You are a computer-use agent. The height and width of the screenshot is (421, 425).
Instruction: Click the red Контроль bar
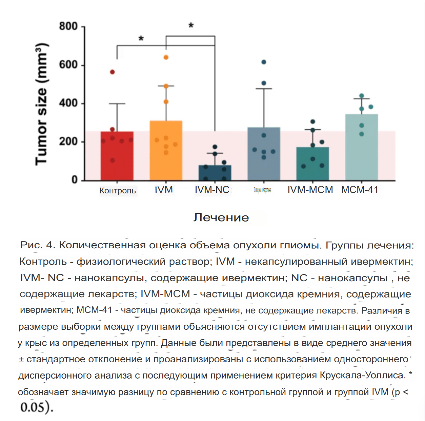(117, 156)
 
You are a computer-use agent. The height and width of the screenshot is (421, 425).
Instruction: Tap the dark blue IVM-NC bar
(215, 173)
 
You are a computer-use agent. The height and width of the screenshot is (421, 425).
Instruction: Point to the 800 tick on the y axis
(68, 26)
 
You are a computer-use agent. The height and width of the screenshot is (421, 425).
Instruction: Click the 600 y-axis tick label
(68, 65)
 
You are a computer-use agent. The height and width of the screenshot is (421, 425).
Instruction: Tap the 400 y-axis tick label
(68, 103)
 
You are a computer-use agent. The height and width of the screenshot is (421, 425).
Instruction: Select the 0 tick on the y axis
(75, 180)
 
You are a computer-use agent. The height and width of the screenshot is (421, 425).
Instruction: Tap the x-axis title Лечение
(221, 217)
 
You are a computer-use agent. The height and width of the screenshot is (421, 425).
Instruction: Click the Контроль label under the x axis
(118, 191)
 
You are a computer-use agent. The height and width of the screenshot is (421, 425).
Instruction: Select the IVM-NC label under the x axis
(212, 190)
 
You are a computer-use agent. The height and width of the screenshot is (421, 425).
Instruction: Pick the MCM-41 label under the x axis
(360, 190)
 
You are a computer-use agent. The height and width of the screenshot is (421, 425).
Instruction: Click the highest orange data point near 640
(166, 57)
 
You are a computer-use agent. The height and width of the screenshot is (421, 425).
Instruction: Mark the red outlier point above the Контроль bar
(112, 72)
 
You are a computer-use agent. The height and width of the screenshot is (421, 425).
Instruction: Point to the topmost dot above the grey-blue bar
(264, 62)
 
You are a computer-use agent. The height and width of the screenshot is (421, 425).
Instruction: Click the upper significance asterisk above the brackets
(191, 25)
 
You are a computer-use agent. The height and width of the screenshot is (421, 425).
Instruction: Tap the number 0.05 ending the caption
(36, 407)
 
